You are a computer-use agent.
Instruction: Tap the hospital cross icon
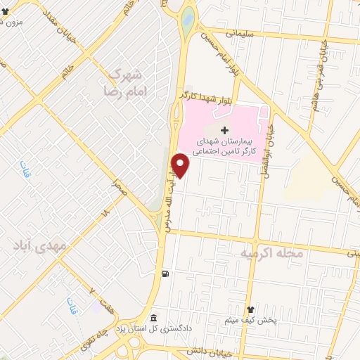click(224, 130)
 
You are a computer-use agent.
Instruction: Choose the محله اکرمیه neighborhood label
click(272, 254)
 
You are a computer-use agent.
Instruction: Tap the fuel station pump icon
click(165, 274)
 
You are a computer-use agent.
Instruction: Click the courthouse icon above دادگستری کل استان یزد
click(155, 318)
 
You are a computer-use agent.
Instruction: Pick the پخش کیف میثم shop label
click(250, 321)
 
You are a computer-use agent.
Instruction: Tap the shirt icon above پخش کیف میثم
click(250, 309)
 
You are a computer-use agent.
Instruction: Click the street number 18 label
click(105, 211)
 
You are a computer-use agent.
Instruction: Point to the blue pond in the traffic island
click(187, 20)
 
